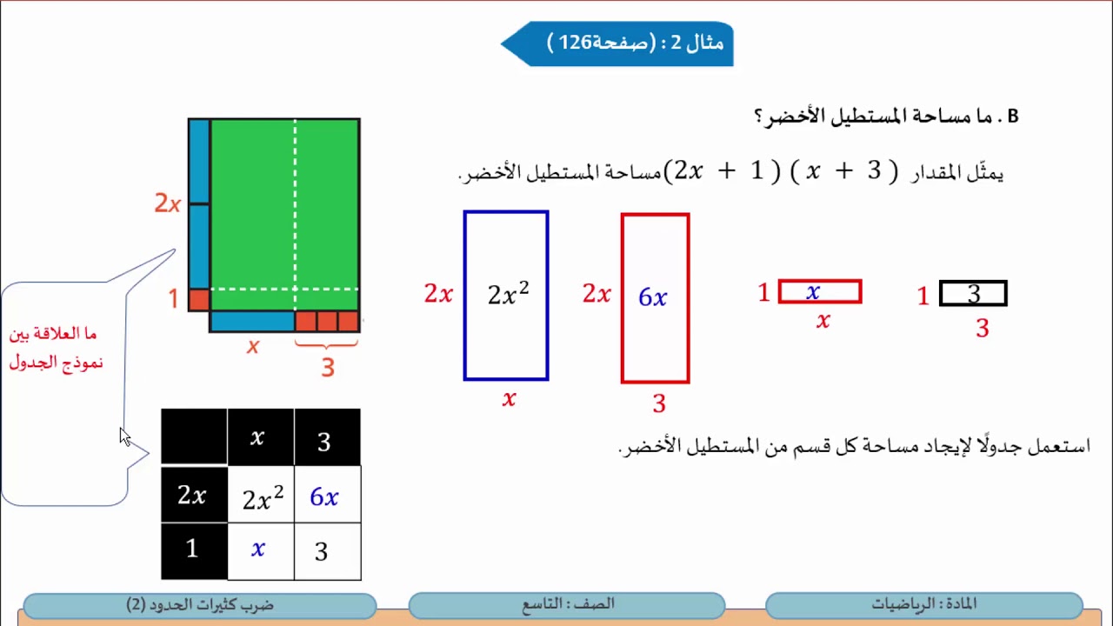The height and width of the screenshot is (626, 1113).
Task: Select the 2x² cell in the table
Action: coord(261,496)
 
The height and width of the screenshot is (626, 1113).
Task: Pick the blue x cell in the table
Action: coord(259,550)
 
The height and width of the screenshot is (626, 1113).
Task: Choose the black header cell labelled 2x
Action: coord(193,496)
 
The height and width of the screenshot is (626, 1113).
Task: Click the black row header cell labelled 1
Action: coord(193,549)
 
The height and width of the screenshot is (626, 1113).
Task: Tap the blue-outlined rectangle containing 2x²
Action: coord(506,296)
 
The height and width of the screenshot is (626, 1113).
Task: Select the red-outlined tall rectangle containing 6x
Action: coord(655,298)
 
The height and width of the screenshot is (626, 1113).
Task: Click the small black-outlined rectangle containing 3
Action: coord(972,294)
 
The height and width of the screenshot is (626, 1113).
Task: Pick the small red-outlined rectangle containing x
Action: coord(819,292)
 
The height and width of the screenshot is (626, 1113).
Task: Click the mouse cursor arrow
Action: coord(124,436)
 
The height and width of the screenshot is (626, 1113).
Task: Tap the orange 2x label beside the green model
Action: coord(167,203)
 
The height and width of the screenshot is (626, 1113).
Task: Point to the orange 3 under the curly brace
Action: coord(327,368)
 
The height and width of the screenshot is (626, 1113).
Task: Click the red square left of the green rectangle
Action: coord(199,300)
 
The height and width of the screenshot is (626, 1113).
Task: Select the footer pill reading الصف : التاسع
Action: coord(566,604)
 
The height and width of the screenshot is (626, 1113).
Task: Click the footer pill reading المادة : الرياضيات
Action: coord(923,604)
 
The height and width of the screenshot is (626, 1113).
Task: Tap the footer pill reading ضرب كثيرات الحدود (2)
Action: coord(200,604)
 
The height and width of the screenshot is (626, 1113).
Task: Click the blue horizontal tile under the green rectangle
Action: coord(252,322)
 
